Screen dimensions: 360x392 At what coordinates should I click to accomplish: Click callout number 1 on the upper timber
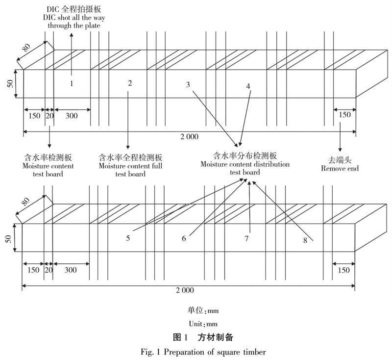click(x=71, y=83)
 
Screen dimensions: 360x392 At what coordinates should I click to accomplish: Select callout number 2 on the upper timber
click(x=130, y=83)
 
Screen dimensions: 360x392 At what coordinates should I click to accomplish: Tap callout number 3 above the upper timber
click(x=188, y=84)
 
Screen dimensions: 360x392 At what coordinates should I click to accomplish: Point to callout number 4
click(x=248, y=86)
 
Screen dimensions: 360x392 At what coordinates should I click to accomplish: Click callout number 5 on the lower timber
click(x=128, y=238)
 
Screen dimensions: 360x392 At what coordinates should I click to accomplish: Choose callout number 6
click(x=184, y=238)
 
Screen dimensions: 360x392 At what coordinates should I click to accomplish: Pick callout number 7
click(x=247, y=238)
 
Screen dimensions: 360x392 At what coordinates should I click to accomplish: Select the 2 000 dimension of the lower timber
click(x=185, y=291)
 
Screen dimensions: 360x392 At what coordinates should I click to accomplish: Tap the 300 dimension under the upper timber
click(x=71, y=116)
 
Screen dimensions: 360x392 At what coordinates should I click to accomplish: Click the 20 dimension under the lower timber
click(x=49, y=270)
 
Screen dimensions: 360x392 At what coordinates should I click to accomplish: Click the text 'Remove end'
click(x=340, y=169)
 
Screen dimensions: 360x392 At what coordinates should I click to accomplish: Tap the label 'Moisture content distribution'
click(x=245, y=164)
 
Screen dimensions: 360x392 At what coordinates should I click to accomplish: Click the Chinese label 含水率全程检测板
click(x=130, y=158)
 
